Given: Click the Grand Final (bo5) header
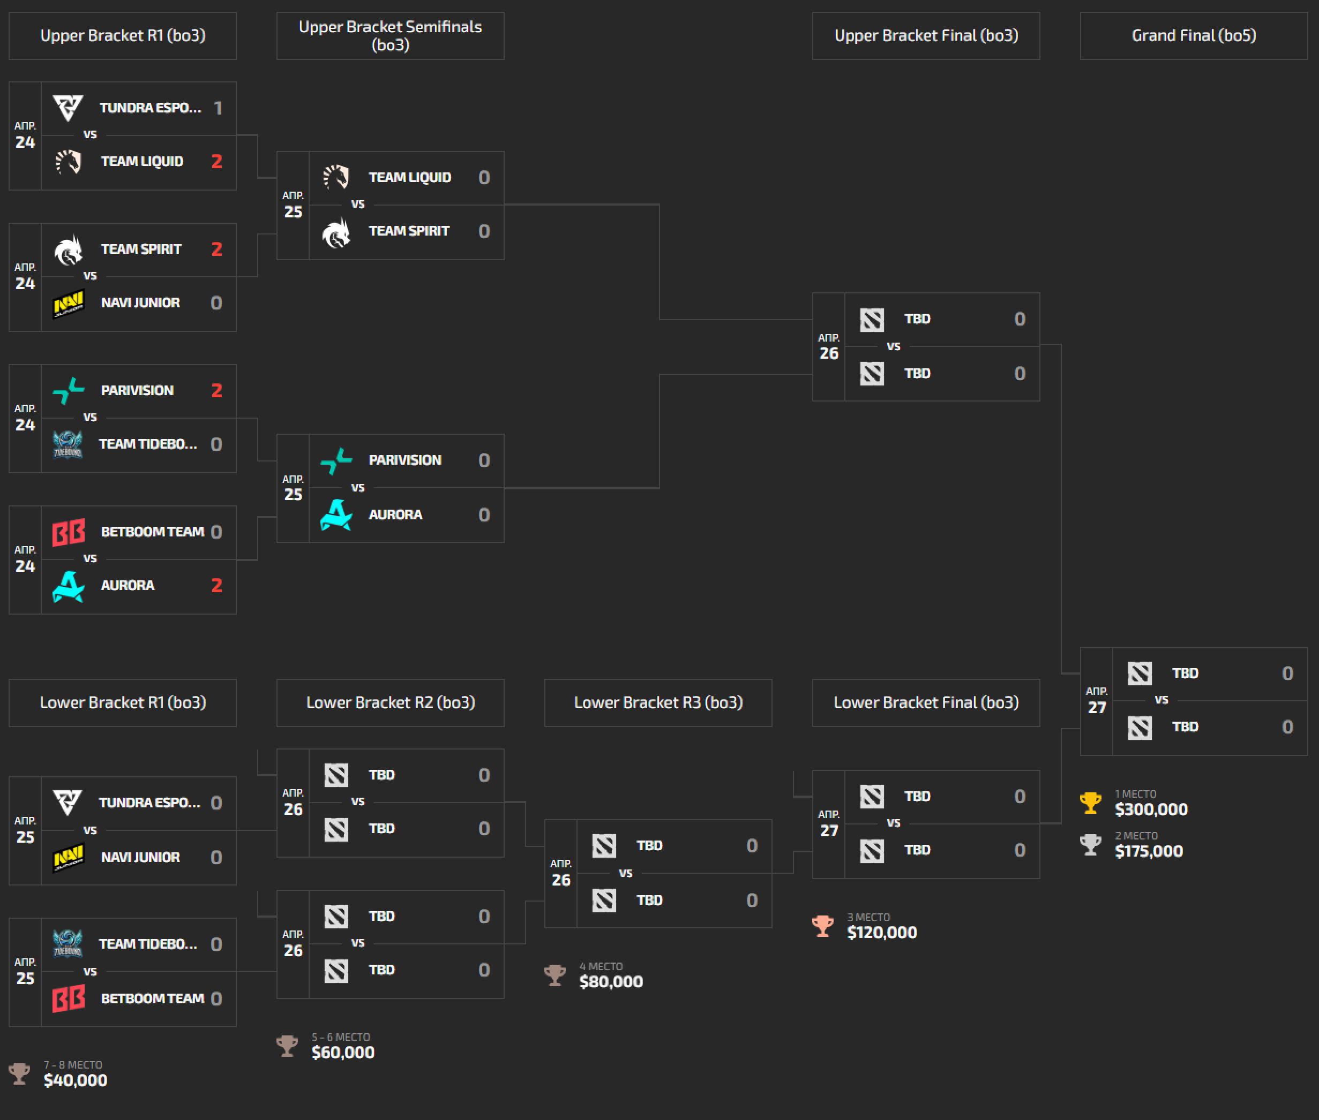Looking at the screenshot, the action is click(x=1193, y=35).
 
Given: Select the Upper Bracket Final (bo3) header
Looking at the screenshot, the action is click(x=926, y=35).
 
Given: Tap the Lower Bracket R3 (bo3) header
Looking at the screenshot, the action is click(x=658, y=702).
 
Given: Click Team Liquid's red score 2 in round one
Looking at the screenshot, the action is click(x=216, y=161).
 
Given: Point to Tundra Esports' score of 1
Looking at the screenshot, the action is click(x=218, y=108).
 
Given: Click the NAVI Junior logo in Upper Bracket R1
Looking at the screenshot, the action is click(x=68, y=304).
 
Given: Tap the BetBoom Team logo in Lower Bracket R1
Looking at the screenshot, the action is click(x=68, y=998).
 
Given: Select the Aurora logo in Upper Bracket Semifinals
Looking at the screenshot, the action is click(x=336, y=514).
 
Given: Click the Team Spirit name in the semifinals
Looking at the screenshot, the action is click(x=409, y=231).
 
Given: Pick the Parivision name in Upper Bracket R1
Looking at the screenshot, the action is click(x=137, y=390).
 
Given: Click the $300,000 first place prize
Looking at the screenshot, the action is click(x=1151, y=809).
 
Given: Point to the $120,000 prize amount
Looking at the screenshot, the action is click(x=882, y=933).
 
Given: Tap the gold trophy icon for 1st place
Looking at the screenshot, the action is click(x=1091, y=803).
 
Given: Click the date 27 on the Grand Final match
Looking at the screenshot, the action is click(x=1097, y=708).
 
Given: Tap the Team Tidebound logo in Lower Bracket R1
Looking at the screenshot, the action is click(x=68, y=943).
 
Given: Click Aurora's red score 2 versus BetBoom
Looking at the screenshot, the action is click(x=216, y=585).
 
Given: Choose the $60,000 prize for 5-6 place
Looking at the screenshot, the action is click(x=342, y=1053).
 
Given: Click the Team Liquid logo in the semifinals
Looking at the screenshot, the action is click(x=336, y=177).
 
